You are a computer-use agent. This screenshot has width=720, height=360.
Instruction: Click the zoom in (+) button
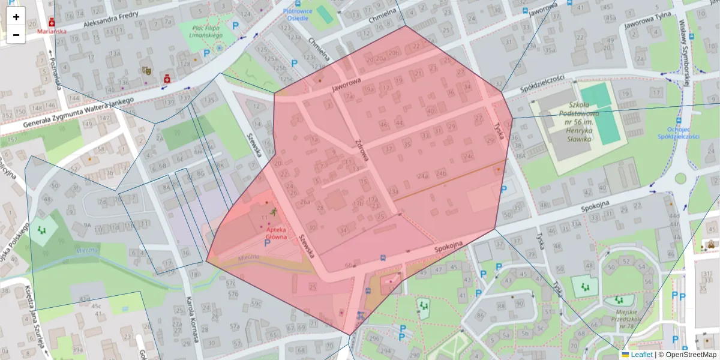pos(16,17)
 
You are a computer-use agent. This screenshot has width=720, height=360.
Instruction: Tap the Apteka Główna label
pos(271,233)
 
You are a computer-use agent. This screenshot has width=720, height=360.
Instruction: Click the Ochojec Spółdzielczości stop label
pos(679,133)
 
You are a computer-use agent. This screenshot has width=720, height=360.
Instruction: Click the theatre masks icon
pos(146,70)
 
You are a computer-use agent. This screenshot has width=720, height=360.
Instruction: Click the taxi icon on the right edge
pos(712,244)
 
